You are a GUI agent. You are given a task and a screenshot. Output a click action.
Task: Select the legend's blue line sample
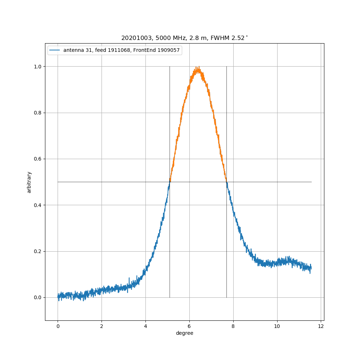point(55,50)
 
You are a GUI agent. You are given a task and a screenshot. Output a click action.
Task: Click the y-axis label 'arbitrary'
point(29,182)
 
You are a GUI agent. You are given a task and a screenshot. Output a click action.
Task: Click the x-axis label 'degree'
point(184,333)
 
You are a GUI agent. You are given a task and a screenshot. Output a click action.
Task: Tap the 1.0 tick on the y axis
point(38,67)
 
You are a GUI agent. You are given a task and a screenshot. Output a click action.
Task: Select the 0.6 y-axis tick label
point(38,159)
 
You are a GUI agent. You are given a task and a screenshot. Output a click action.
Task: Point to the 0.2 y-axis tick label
point(38,251)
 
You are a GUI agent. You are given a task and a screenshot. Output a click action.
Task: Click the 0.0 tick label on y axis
point(38,297)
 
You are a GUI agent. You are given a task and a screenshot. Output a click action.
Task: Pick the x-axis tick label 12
point(321,326)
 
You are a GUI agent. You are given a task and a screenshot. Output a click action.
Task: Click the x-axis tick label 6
point(189,326)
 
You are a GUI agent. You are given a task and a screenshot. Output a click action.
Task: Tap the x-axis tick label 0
point(58,326)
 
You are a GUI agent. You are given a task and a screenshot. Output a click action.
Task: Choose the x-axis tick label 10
point(277,326)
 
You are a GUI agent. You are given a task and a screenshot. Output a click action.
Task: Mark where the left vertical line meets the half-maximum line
point(170,182)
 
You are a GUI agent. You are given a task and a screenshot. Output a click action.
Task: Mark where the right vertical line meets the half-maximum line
point(226,182)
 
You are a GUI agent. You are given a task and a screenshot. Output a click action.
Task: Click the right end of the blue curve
point(311,268)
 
